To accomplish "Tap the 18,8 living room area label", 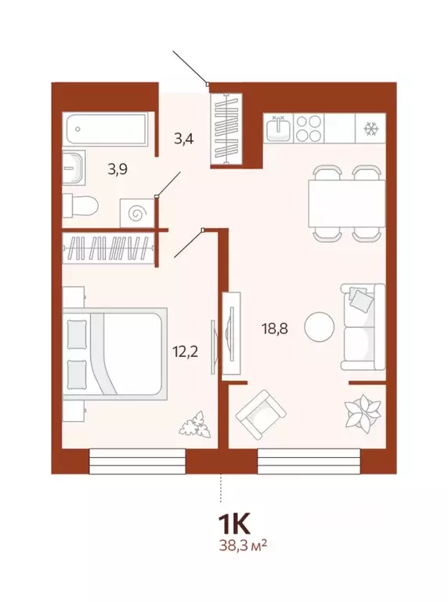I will pos(275,329).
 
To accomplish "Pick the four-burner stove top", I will pos(309,127).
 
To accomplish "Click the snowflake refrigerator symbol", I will pos(368,127).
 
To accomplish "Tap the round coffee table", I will pos(320,326).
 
